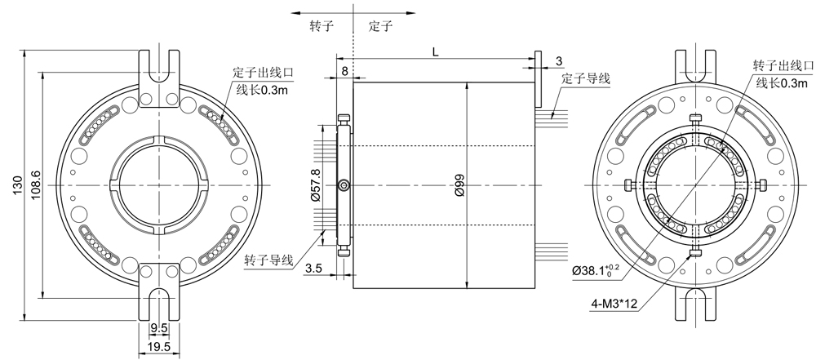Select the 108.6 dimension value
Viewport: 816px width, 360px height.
tap(34, 185)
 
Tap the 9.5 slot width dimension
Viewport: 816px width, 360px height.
tap(158, 329)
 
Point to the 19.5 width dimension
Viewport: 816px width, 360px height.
tap(158, 347)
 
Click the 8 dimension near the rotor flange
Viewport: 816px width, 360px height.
tap(345, 72)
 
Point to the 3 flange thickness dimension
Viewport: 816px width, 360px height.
tap(558, 62)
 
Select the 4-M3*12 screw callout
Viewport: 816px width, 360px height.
tap(614, 304)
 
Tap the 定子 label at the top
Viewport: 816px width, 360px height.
tap(380, 26)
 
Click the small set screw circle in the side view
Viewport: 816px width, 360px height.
tap(344, 186)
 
